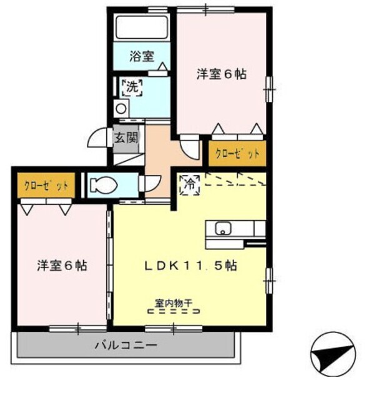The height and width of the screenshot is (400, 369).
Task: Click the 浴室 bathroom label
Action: [142, 56]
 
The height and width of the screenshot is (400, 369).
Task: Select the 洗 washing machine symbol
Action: [132, 87]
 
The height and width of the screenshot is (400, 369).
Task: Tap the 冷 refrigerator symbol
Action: [189, 184]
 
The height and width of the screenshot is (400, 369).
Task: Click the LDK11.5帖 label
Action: [190, 265]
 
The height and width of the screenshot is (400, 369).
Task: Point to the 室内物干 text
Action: [174, 303]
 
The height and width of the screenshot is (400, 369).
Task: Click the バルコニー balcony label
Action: [125, 344]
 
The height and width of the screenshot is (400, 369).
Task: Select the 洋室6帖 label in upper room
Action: [222, 74]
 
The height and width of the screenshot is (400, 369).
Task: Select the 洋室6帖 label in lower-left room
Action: [61, 265]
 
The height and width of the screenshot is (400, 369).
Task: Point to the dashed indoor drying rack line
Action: [174, 311]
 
